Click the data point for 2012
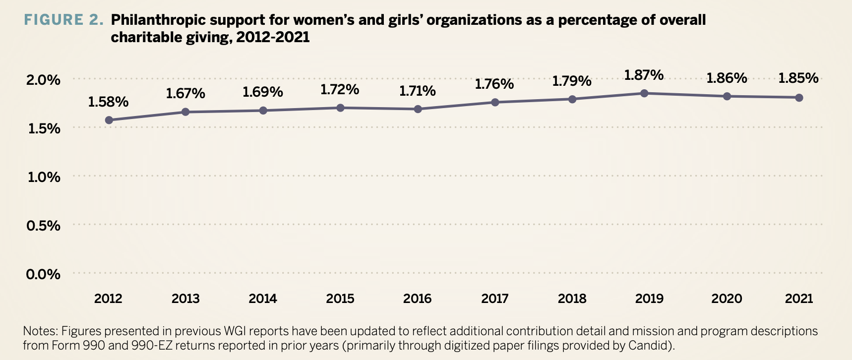click(x=109, y=120)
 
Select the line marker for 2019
click(x=644, y=93)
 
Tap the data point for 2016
click(x=418, y=109)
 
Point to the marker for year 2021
click(x=799, y=98)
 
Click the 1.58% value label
click(x=108, y=102)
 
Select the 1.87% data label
click(x=644, y=75)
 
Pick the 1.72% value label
click(x=340, y=90)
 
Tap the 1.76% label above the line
click(x=494, y=84)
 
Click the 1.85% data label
click(x=798, y=78)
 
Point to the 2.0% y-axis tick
click(x=44, y=80)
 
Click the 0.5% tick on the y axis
click(x=44, y=226)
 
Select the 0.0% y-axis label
click(x=44, y=275)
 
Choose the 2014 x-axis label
click(x=263, y=299)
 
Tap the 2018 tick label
click(x=572, y=299)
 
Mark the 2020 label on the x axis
click(x=727, y=299)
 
